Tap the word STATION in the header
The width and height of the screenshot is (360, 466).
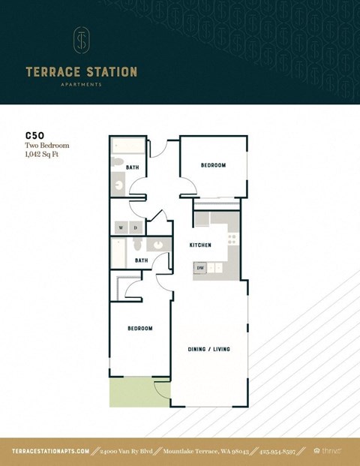click(x=109, y=72)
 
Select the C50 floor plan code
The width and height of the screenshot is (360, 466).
click(x=34, y=136)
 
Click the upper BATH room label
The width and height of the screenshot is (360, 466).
click(x=132, y=167)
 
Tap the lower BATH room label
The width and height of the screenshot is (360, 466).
click(x=141, y=260)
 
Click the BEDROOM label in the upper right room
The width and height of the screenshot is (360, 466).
click(x=213, y=165)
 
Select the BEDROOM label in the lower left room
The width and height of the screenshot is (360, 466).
click(x=139, y=328)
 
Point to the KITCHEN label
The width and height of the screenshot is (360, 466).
click(x=199, y=245)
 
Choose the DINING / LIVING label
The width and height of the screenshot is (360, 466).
click(x=208, y=350)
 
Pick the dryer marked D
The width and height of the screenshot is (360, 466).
click(x=135, y=227)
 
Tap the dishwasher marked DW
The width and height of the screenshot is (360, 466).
click(x=200, y=267)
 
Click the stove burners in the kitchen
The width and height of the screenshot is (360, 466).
click(x=232, y=239)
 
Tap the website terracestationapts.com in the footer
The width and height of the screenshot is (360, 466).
click(x=51, y=451)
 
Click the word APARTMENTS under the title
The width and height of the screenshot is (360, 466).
click(x=82, y=85)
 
